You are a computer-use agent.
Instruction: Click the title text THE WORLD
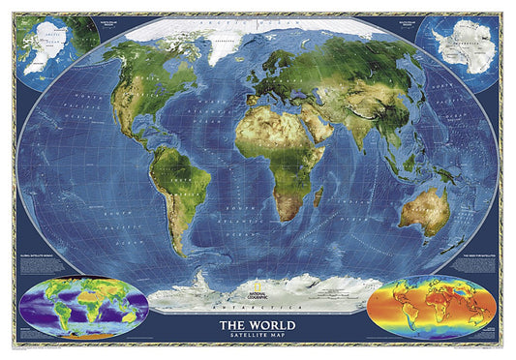258,324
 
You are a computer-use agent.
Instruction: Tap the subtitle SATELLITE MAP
258,336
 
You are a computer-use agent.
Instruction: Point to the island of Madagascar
317,197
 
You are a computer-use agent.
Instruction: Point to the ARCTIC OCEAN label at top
258,20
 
